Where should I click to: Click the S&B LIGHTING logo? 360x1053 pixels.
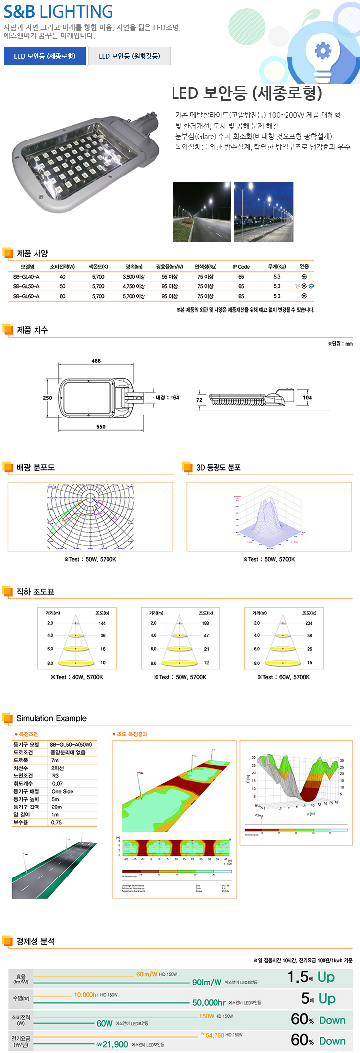point(58,11)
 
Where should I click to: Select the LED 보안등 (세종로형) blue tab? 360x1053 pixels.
point(45,56)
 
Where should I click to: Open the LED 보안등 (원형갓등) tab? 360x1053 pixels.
point(129,56)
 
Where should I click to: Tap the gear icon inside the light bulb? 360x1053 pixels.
point(323,51)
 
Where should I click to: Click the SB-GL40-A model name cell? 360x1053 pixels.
point(26,277)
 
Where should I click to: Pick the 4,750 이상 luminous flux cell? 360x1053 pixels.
point(134,286)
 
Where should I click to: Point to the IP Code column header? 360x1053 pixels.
point(241,267)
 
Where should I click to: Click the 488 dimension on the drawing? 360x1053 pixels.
point(96,361)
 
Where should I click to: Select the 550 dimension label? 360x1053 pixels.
point(101,427)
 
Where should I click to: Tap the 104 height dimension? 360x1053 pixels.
point(307,398)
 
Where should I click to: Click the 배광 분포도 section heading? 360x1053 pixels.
point(36,467)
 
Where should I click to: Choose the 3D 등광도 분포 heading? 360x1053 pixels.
point(218,467)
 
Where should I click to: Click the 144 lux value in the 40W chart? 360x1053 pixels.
point(102,623)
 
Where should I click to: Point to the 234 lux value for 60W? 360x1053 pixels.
point(309,623)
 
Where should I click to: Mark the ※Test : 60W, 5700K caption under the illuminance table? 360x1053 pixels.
point(284,677)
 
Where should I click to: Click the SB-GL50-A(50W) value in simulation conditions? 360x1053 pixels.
point(71,744)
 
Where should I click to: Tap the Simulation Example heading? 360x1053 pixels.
point(51,718)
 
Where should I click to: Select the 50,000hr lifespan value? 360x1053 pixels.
point(209,1002)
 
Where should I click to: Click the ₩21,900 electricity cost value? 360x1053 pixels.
point(112,1044)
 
